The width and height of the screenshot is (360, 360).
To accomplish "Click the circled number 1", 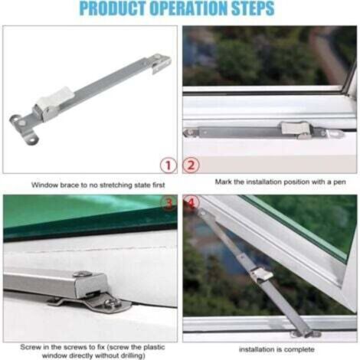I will [169, 164].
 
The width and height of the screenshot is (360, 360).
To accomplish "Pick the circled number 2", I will [191, 164].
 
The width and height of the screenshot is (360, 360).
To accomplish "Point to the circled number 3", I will [169, 203].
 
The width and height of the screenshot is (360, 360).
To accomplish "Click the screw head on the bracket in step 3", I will [82, 274].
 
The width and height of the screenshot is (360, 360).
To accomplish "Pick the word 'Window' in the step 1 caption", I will [43, 185].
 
